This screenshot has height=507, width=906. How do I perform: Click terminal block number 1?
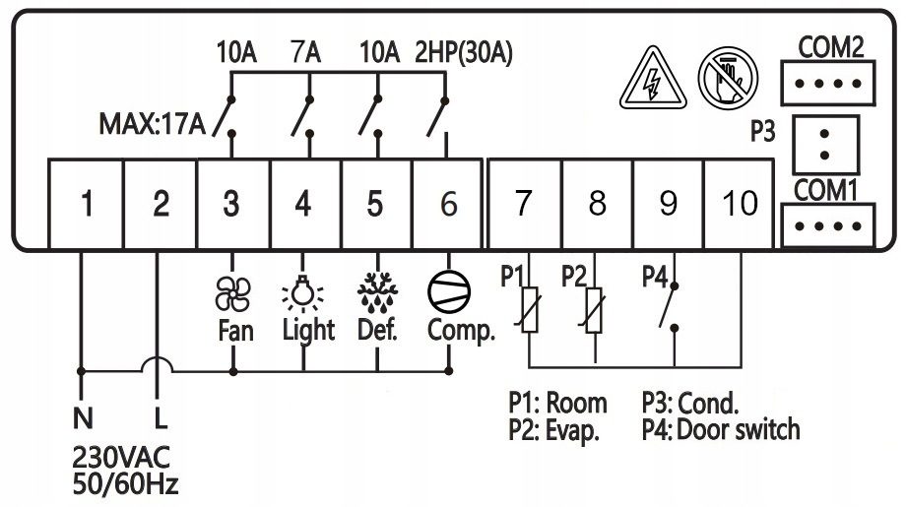[x=86, y=204]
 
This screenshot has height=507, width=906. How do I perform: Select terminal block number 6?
[x=447, y=204]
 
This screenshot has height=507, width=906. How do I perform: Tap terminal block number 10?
[x=739, y=204]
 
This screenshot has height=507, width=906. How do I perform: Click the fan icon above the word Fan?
[x=232, y=294]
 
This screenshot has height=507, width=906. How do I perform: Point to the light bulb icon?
[x=302, y=292]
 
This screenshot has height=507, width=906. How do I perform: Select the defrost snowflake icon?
[x=377, y=290]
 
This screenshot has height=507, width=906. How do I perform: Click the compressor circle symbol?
[x=449, y=291]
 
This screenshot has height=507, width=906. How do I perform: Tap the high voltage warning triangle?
[x=653, y=79]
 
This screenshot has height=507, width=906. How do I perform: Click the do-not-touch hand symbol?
[x=728, y=78]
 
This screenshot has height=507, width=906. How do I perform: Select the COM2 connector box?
[x=828, y=83]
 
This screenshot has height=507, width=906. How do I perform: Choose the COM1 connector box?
[x=828, y=225]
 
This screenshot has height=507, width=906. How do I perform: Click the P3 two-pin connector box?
[x=825, y=145]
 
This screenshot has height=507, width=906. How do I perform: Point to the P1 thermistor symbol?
[x=530, y=310]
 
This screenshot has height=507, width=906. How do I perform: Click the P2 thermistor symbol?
[x=594, y=310]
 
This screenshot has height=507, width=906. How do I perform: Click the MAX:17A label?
[x=153, y=124]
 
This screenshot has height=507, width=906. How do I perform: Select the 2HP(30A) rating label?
[x=464, y=52]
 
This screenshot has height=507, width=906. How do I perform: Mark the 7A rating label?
[x=305, y=52]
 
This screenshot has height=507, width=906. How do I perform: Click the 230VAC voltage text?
[x=121, y=458]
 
